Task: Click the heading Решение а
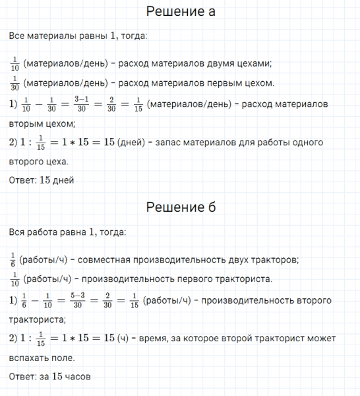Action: click(x=180, y=13)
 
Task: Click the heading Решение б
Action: click(x=180, y=207)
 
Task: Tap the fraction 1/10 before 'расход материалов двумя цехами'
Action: click(x=15, y=64)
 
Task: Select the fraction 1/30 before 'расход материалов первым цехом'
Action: click(x=15, y=84)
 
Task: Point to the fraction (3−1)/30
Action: click(x=82, y=104)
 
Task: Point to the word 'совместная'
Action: click(x=87, y=259)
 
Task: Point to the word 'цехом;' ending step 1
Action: click(x=60, y=123)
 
